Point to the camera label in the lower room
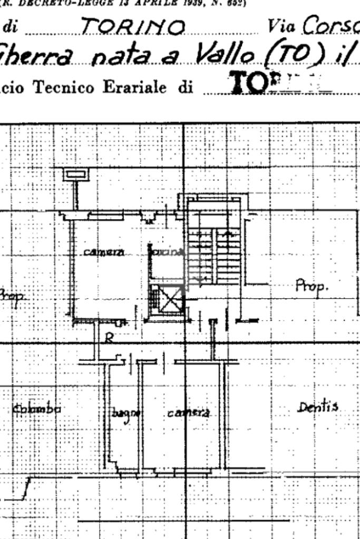pyautogui.click(x=188, y=413)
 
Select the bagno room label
pyautogui.click(x=125, y=414)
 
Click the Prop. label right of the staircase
pyautogui.click(x=312, y=287)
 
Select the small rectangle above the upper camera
pyautogui.click(x=76, y=174)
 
